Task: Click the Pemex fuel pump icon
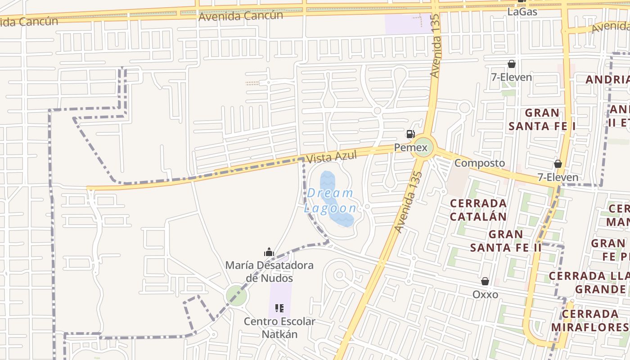(410, 134)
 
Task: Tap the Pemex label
(410, 147)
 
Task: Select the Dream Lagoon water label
(331, 201)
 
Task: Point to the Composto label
(479, 163)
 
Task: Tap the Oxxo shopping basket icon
(485, 281)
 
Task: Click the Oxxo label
(485, 294)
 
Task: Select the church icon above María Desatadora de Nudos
(269, 252)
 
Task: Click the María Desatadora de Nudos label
(269, 271)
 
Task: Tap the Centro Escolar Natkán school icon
(279, 308)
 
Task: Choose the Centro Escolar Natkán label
(279, 328)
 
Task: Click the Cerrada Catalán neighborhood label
(478, 210)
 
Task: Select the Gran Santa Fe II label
(506, 241)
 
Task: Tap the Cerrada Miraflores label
(590, 320)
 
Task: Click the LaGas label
(522, 12)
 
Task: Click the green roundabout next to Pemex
(423, 147)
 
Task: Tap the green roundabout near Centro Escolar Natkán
(236, 296)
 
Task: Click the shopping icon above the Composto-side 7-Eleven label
(558, 164)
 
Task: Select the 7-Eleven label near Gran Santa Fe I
(511, 77)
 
